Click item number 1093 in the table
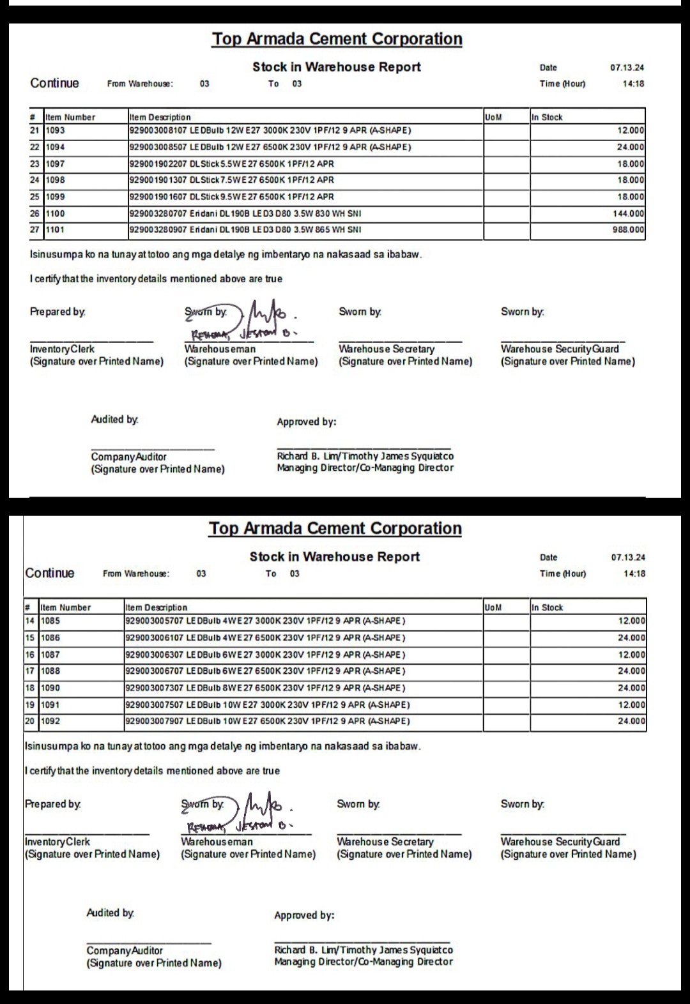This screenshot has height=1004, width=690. (x=56, y=130)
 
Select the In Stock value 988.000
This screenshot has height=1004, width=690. (x=628, y=230)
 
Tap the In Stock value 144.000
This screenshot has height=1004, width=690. (x=628, y=213)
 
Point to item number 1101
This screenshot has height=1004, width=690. (x=56, y=230)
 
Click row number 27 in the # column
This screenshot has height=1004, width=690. (x=35, y=230)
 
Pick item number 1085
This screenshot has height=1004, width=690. (x=50, y=621)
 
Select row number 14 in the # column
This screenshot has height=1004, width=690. (x=30, y=621)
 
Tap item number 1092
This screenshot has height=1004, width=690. (x=50, y=721)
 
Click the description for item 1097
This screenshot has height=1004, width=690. (x=231, y=164)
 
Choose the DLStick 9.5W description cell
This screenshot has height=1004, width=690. (x=231, y=197)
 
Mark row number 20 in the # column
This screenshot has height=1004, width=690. (x=30, y=721)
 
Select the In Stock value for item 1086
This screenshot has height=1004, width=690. (x=631, y=637)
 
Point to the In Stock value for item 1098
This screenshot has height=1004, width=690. (x=631, y=180)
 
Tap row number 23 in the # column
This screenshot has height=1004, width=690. (x=35, y=164)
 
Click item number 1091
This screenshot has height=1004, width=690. (x=50, y=704)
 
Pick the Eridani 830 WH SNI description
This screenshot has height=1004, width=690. (x=245, y=213)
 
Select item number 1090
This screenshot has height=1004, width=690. (x=50, y=688)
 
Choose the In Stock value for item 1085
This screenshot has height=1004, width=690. (x=631, y=621)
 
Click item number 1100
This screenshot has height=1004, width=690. (x=56, y=213)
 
